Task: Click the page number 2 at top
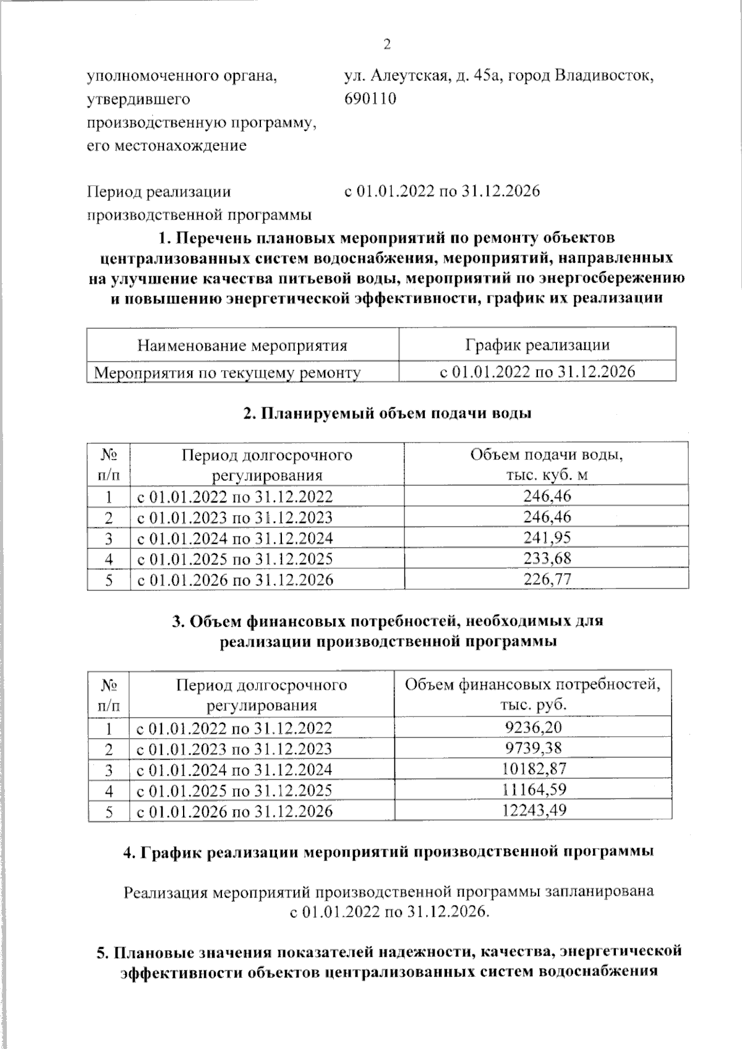coord(387,45)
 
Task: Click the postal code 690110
coord(370,99)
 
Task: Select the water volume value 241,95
coord(547,537)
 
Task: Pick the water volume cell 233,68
coord(547,558)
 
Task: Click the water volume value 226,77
coord(547,579)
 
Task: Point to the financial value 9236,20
coord(534,728)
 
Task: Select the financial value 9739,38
coord(534,749)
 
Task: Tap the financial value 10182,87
coord(534,770)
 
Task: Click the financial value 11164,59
coord(534,790)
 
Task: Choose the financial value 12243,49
coord(534,810)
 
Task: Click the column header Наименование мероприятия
coord(242,345)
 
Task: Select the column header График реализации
coord(537,345)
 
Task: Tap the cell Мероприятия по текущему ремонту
coord(227,373)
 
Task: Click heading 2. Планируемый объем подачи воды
coord(387,414)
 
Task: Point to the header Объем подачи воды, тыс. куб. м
coord(547,465)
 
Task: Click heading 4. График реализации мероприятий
coord(389,852)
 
